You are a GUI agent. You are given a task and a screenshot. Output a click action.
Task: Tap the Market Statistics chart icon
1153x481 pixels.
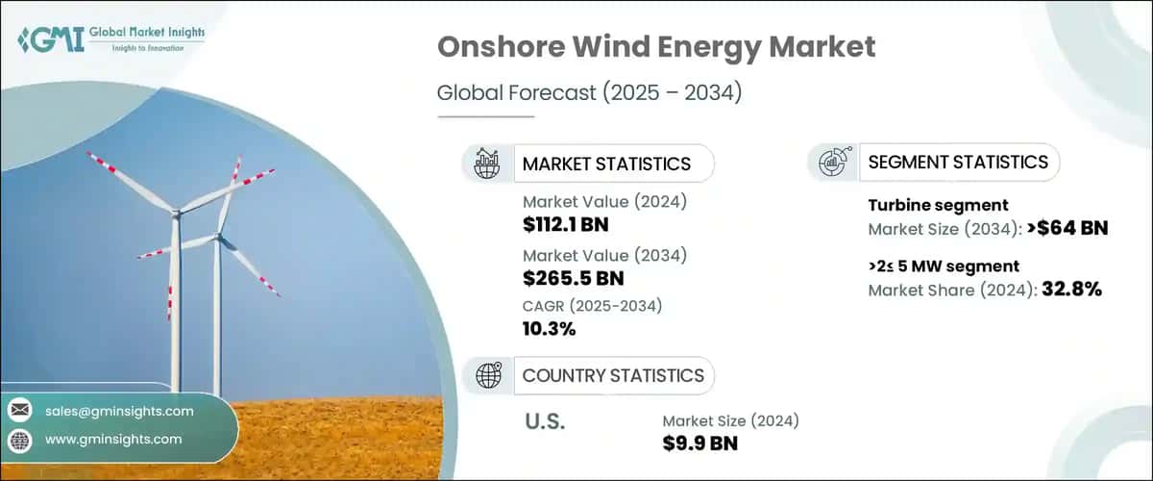[x=487, y=164]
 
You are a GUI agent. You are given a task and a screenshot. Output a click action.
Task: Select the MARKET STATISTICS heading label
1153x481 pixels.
[x=606, y=164]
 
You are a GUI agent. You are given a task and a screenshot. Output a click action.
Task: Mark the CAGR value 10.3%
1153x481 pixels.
[x=550, y=329]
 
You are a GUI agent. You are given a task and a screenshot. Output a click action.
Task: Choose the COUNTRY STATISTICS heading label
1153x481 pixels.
[x=613, y=375]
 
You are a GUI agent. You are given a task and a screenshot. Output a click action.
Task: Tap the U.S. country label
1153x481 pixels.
[x=545, y=421]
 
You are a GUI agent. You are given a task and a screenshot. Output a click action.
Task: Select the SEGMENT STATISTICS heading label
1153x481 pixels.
[x=958, y=162]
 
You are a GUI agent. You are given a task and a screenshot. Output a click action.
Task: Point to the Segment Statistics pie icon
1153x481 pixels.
[x=833, y=163]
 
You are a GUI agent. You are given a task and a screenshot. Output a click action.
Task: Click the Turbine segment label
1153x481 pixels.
[x=938, y=205]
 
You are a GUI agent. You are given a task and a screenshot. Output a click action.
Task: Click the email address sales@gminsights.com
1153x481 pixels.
[x=119, y=411]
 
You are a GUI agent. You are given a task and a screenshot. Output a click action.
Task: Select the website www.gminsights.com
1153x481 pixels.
[x=113, y=439]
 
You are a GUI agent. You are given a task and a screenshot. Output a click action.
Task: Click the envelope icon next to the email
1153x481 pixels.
[x=20, y=411]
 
